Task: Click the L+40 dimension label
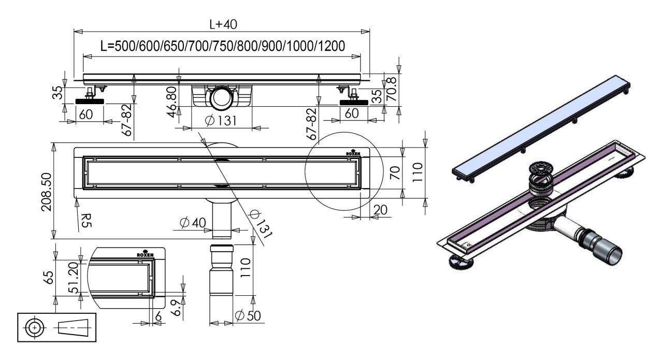click(223, 24)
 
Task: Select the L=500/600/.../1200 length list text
click(223, 46)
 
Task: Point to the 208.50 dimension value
click(47, 192)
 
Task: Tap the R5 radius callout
click(86, 220)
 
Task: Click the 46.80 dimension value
click(172, 102)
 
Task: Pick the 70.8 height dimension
click(391, 89)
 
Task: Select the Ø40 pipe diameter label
click(193, 223)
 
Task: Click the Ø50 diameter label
click(248, 315)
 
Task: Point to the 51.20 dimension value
click(74, 278)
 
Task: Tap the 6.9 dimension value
click(176, 308)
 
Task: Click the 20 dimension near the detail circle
click(380, 210)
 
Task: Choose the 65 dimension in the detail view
click(49, 278)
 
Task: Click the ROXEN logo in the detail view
click(145, 254)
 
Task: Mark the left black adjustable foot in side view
click(90, 102)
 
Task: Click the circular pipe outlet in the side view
click(221, 97)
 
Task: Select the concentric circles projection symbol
click(35, 328)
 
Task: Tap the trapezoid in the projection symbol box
click(73, 328)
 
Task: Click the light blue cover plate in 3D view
click(541, 127)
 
